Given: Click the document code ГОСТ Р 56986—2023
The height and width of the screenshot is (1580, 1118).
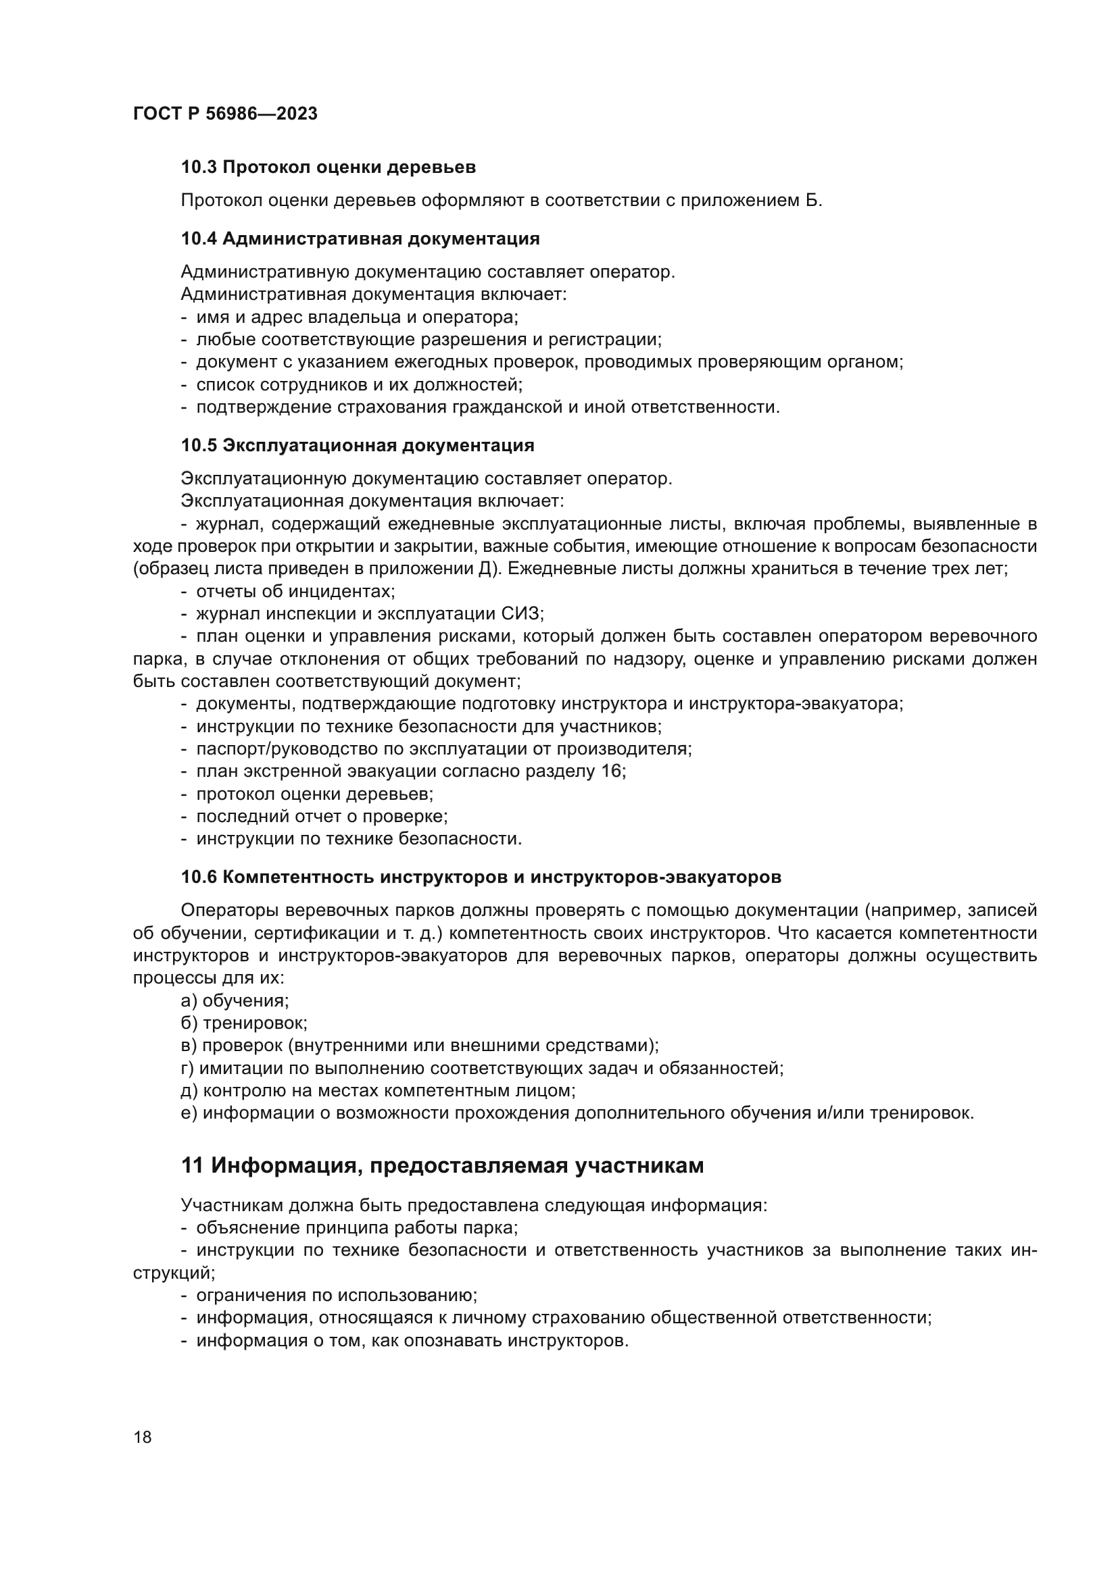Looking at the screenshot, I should tap(225, 114).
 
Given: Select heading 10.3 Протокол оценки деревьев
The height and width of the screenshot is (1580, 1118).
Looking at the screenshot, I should tap(329, 168).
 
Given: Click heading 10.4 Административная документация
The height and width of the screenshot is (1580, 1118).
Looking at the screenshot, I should tap(360, 238).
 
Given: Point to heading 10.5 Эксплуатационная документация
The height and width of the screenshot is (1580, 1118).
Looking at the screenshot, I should tap(358, 445).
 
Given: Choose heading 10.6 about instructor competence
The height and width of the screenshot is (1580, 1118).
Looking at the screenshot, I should tap(481, 877).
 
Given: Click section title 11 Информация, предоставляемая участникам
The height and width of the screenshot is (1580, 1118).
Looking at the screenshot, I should tap(442, 1165).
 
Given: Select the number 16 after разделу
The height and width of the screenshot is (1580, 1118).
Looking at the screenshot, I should tap(610, 771).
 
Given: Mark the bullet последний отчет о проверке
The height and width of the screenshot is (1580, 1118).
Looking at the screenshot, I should tap(322, 816).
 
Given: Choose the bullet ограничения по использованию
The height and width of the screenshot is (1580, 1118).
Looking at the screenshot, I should tap(336, 1295).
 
